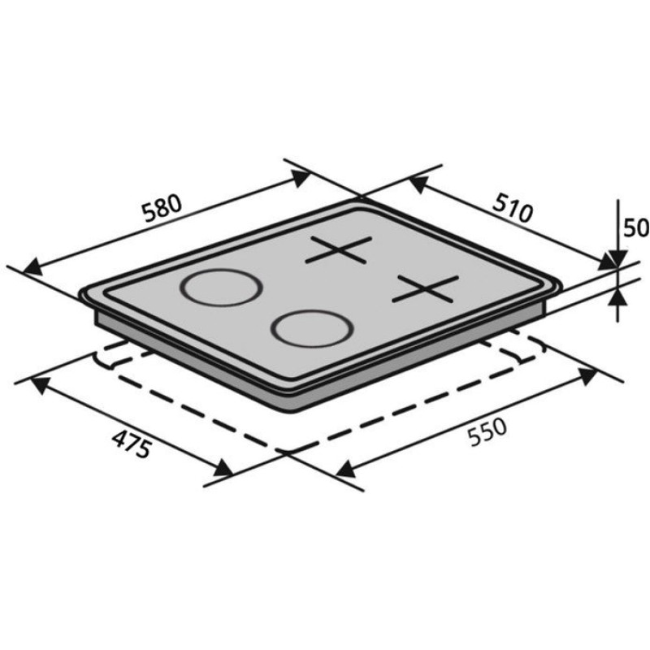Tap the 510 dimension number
tap(513, 207)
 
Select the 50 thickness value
tap(636, 227)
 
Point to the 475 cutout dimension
tap(132, 444)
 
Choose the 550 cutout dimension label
tap(487, 432)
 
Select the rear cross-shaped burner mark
tap(338, 249)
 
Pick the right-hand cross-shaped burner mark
tap(426, 288)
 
